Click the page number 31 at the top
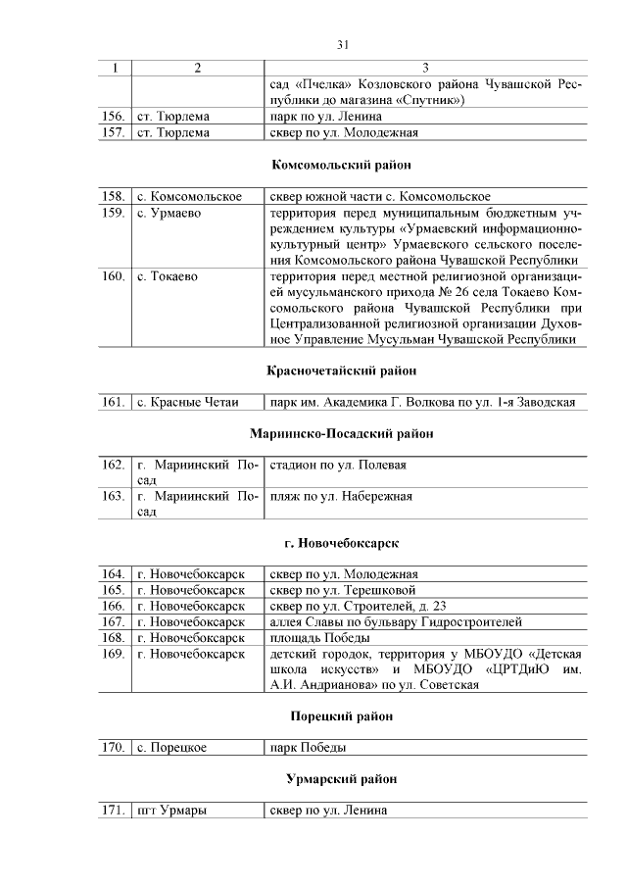pyautogui.click(x=343, y=44)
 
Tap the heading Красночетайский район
pyautogui.click(x=342, y=370)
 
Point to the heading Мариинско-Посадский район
pyautogui.click(x=342, y=432)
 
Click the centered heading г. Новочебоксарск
pyautogui.click(x=342, y=542)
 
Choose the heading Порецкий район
pyautogui.click(x=342, y=716)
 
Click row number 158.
pyautogui.click(x=114, y=196)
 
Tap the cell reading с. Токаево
pyautogui.click(x=169, y=276)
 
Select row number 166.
pyautogui.click(x=114, y=606)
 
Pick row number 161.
pyautogui.click(x=114, y=402)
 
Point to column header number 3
pyautogui.click(x=425, y=69)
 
